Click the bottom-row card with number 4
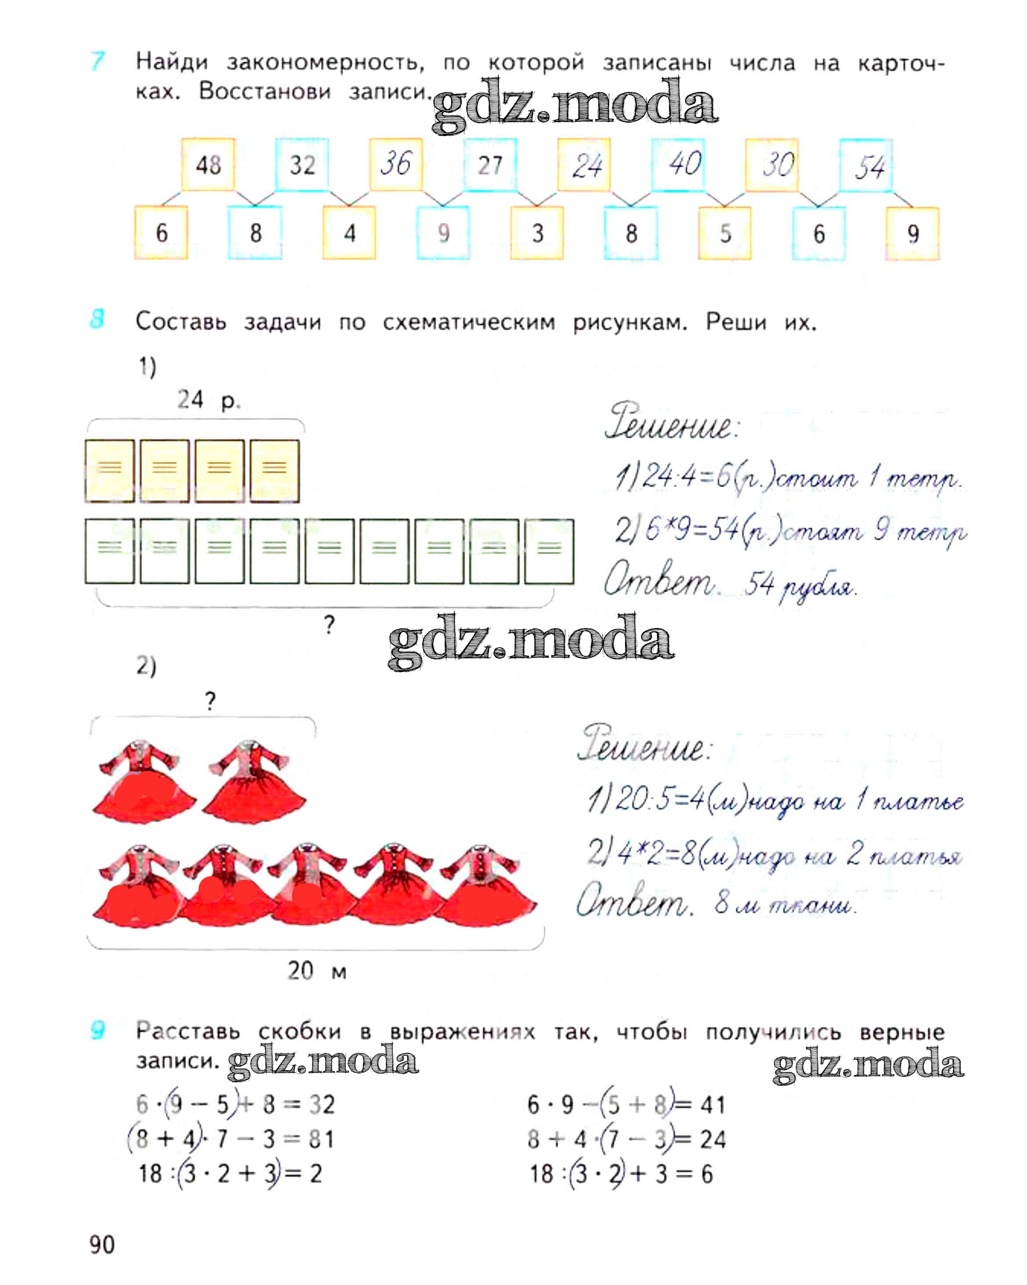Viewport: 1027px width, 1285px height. [x=350, y=233]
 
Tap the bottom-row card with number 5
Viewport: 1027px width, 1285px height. [x=725, y=233]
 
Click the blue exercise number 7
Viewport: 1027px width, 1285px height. [x=97, y=62]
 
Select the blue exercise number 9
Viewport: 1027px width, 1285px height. [x=97, y=1030]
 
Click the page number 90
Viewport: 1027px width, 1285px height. [x=102, y=1245]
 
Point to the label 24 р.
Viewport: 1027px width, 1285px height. [x=208, y=399]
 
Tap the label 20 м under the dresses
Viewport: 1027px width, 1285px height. [x=317, y=971]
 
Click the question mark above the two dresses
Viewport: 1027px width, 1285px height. [x=210, y=701]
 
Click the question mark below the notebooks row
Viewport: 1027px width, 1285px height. [x=329, y=625]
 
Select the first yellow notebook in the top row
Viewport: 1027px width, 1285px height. [x=109, y=471]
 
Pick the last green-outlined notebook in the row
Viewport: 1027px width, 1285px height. [x=549, y=551]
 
